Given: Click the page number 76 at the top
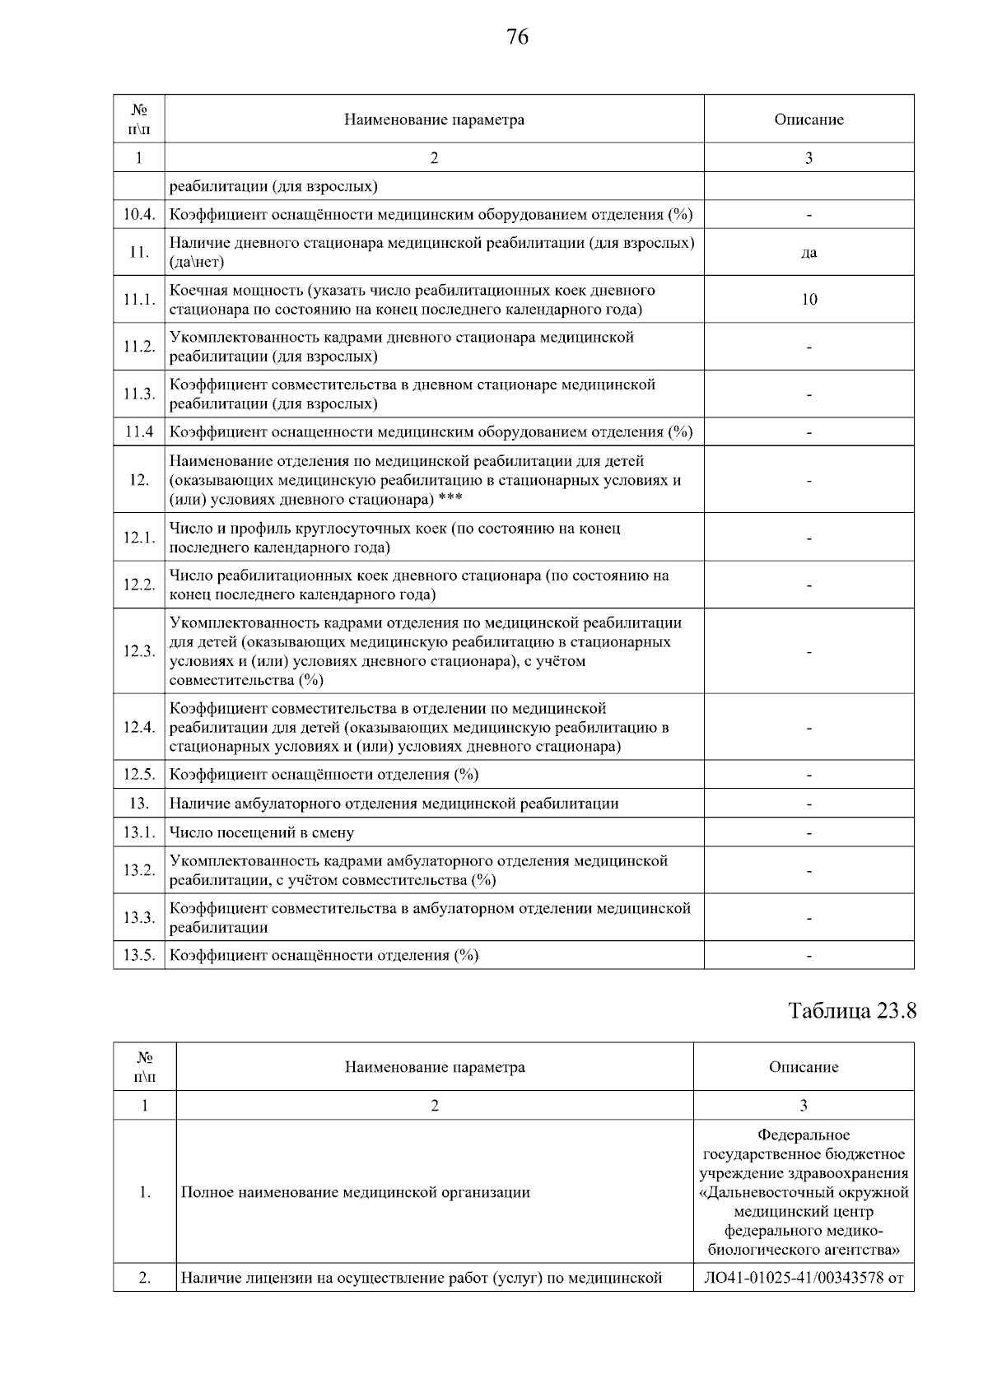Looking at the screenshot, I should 518,37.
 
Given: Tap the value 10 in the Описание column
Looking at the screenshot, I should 809,300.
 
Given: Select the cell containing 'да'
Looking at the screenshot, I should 809,253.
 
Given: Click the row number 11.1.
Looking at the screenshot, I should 138,300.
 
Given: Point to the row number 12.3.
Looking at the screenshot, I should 138,651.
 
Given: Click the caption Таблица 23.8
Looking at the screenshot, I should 852,1010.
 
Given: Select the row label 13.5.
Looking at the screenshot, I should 138,955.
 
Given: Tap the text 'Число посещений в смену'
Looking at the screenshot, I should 262,832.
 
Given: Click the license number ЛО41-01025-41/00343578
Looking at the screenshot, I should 794,1279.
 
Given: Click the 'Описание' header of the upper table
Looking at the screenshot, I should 809,120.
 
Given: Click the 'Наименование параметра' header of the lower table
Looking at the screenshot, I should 434,1067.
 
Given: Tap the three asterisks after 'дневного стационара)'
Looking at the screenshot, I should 450,500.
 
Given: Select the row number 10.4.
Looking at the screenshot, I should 138,215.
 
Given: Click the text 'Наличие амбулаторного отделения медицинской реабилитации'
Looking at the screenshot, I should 394,804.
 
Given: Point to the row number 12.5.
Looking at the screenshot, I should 138,775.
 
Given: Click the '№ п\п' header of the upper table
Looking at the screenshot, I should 138,120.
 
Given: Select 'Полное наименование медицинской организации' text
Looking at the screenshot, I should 355,1192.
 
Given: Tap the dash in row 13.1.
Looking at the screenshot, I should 809,833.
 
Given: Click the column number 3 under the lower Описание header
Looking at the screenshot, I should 803,1106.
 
